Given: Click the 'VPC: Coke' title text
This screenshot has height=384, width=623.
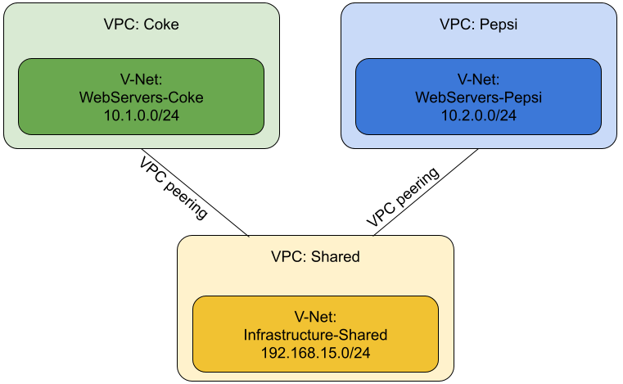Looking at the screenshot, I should pyautogui.click(x=141, y=25).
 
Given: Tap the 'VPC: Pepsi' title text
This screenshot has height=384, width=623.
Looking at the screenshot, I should pyautogui.click(x=478, y=25).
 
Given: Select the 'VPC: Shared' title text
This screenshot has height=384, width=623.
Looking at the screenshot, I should pyautogui.click(x=315, y=257).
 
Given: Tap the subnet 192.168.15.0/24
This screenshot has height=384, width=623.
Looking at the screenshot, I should pyautogui.click(x=315, y=353).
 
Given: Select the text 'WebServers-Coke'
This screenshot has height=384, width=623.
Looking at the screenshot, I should pyautogui.click(x=141, y=97).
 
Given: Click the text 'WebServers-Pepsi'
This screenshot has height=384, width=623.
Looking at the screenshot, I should pyautogui.click(x=478, y=97).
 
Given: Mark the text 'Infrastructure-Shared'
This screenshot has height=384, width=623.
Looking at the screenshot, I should pyautogui.click(x=315, y=335).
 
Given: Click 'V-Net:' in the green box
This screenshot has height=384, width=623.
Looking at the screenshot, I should pyautogui.click(x=141, y=79).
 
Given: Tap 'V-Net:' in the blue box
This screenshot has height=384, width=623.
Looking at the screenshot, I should pyautogui.click(x=478, y=79).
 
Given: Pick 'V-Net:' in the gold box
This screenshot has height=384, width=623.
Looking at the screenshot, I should pyautogui.click(x=315, y=317).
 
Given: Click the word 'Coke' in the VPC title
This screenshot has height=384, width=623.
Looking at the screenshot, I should pyautogui.click(x=160, y=25).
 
